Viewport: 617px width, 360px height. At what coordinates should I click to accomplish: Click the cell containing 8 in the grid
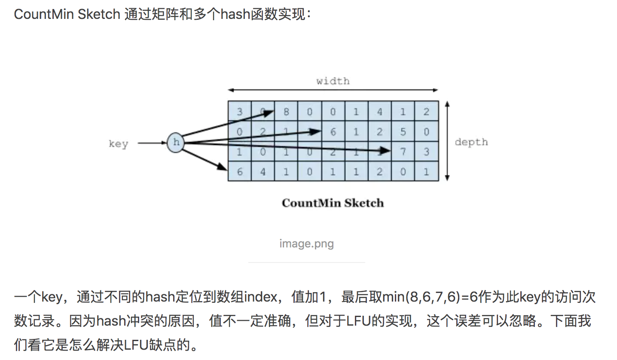(x=286, y=112)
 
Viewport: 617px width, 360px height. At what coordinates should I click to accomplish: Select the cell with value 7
(x=403, y=152)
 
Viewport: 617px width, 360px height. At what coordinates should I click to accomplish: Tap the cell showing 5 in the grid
(x=403, y=132)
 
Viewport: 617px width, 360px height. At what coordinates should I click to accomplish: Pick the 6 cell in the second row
(x=333, y=132)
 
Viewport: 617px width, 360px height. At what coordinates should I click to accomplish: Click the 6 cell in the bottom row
(x=239, y=171)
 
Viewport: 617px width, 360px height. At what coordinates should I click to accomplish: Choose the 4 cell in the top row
(x=380, y=112)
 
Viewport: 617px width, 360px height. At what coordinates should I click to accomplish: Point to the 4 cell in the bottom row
(x=263, y=171)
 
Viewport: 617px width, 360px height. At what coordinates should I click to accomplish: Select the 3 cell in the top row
(x=239, y=112)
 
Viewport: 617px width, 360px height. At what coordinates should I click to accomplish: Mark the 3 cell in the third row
(x=426, y=152)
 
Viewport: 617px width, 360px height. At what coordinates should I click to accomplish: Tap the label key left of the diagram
(x=118, y=143)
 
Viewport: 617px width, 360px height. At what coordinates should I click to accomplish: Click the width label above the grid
(x=333, y=81)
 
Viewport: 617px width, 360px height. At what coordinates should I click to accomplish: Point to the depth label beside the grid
(x=471, y=142)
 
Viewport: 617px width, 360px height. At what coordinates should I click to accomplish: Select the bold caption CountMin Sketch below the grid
(x=333, y=203)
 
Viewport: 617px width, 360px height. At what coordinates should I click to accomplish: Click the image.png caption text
(x=306, y=244)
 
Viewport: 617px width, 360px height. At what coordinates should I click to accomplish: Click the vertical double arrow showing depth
(x=447, y=141)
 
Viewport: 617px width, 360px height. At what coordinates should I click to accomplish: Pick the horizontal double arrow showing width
(x=333, y=90)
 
